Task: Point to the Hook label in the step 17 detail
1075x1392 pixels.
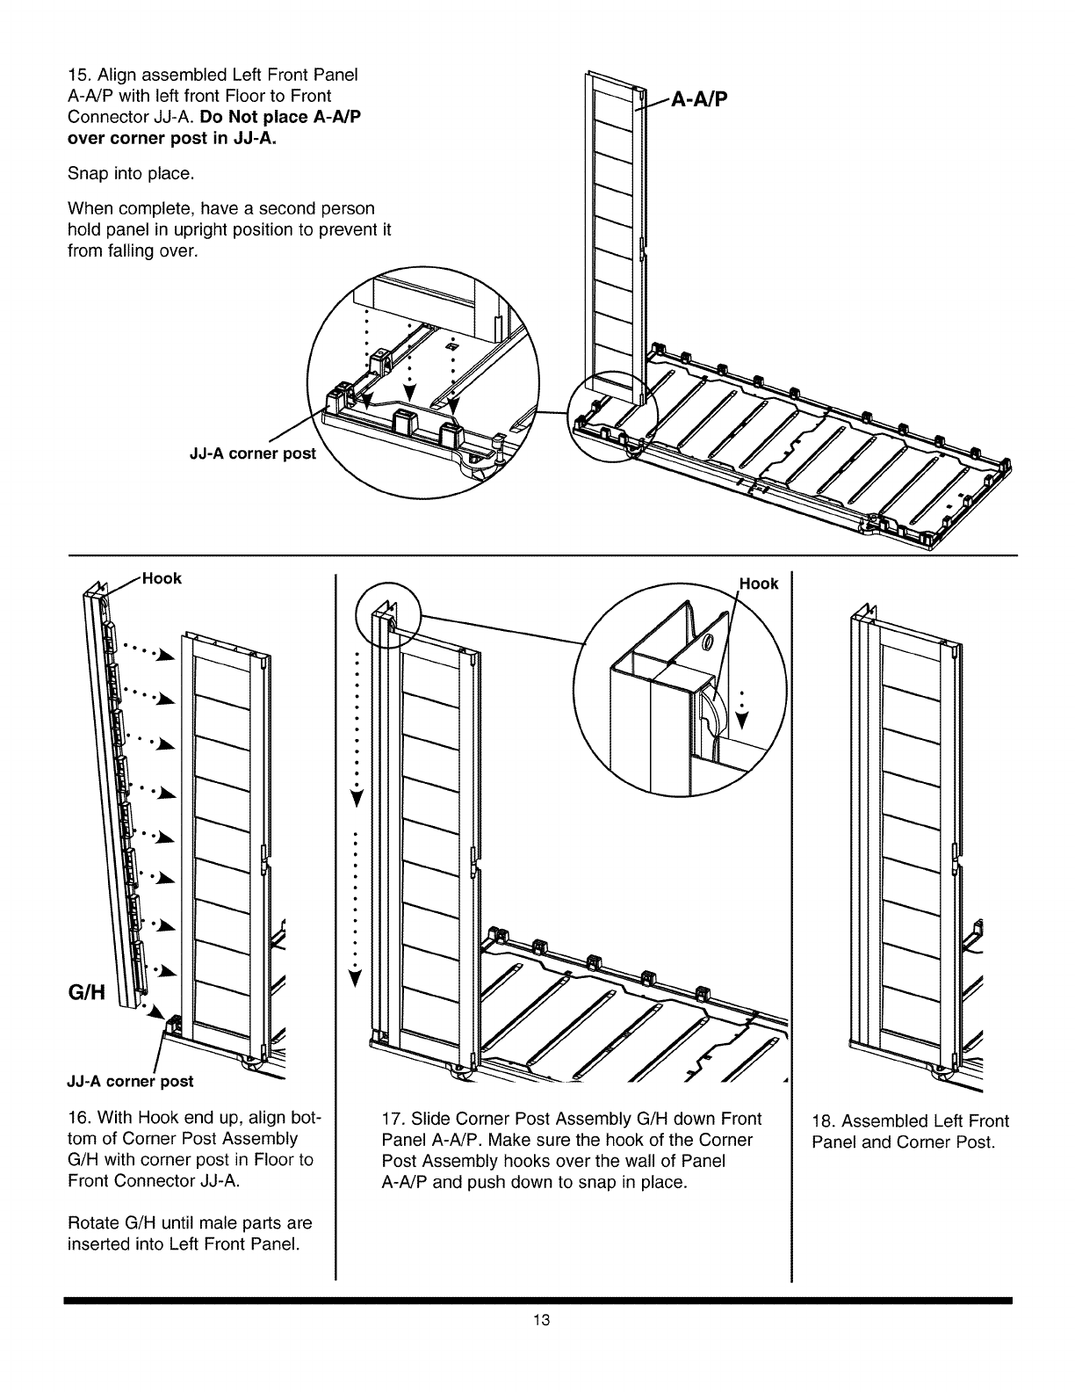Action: [758, 584]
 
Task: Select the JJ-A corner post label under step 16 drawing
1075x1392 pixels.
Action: [130, 1080]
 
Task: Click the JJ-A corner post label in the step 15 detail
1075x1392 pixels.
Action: [251, 455]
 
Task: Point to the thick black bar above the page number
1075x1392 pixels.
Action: [537, 1299]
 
